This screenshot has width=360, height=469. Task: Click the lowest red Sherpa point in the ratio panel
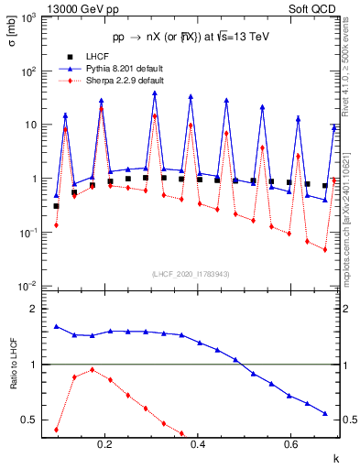coord(56,430)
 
